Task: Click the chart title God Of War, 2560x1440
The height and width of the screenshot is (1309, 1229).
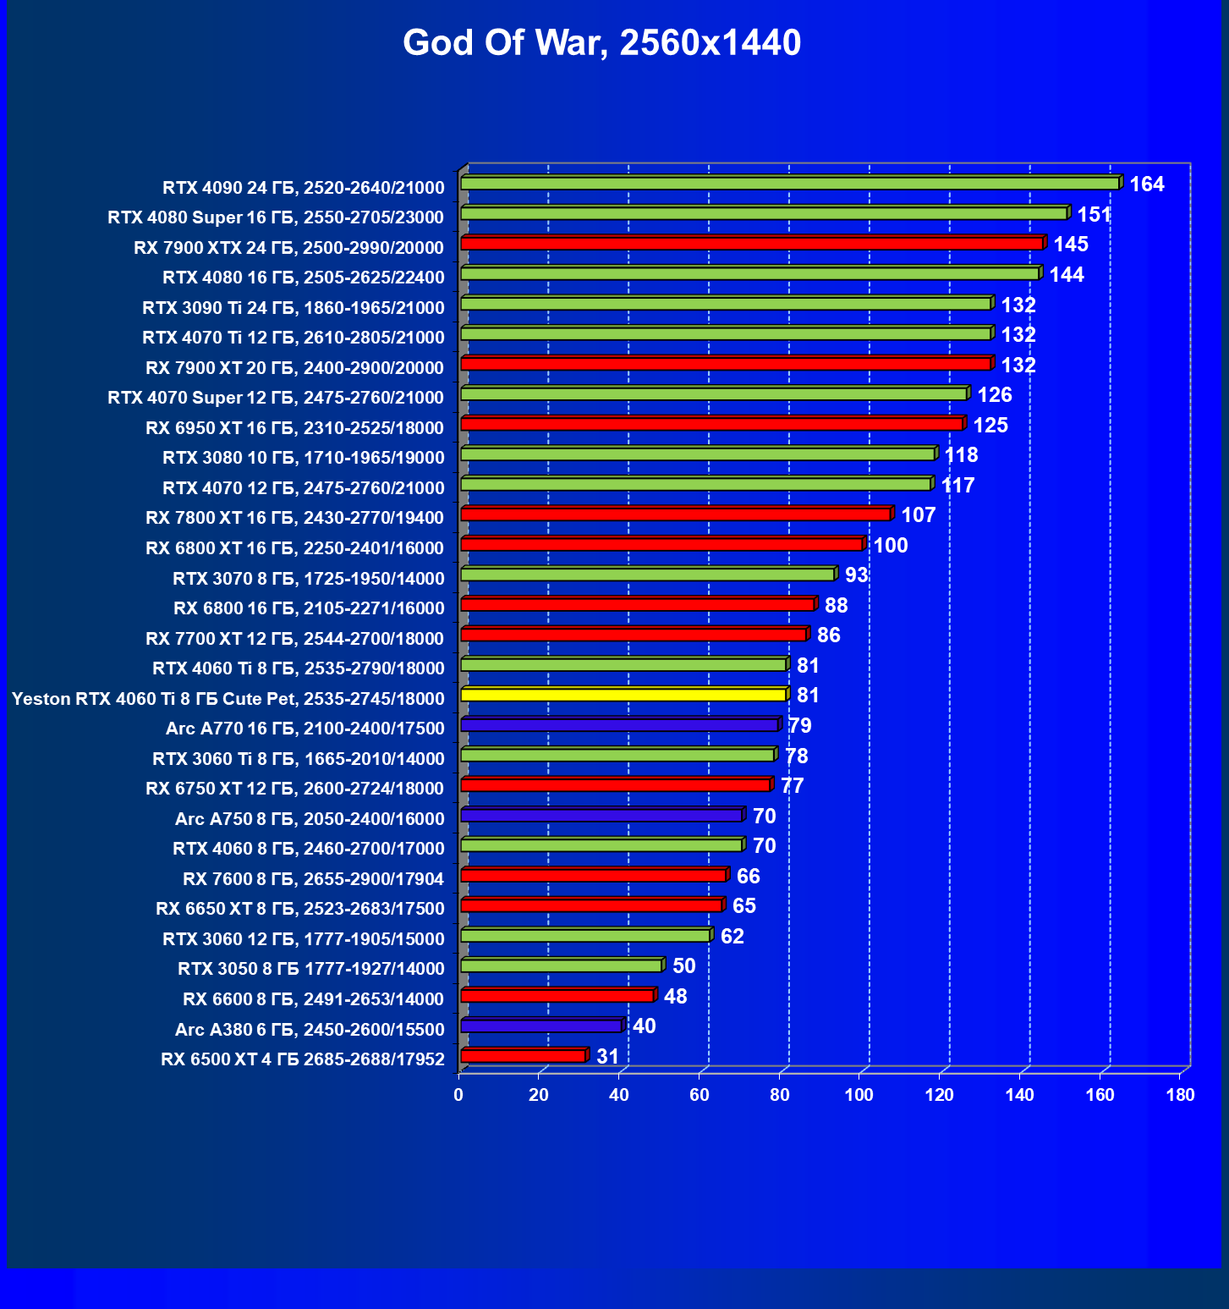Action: [x=601, y=43]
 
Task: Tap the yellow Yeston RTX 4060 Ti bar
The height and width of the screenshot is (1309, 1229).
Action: [x=623, y=695]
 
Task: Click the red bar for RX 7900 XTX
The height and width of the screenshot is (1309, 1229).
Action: [x=752, y=244]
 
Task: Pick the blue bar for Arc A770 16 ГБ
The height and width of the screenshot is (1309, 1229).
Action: [x=619, y=725]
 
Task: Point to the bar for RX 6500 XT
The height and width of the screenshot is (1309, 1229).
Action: [x=523, y=1056]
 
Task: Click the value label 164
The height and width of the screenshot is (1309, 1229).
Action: [x=1146, y=184]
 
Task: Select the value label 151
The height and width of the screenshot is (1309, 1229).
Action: [x=1094, y=215]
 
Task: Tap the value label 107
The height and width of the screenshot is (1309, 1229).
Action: [x=918, y=515]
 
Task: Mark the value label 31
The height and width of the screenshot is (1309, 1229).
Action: [x=607, y=1057]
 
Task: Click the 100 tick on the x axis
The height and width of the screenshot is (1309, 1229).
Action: [x=859, y=1095]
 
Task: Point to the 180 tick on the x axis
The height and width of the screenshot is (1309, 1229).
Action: [x=1180, y=1095]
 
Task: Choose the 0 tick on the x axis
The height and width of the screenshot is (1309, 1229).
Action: [x=458, y=1095]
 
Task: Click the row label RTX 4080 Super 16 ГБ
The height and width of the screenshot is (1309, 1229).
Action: [x=276, y=217]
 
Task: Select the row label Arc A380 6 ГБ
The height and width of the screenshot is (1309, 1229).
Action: [x=310, y=1030]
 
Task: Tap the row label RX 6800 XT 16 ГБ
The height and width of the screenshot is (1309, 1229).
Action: [x=294, y=548]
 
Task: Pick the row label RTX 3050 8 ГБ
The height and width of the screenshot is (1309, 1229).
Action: [x=310, y=969]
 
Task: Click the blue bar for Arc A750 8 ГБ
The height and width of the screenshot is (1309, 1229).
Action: [x=601, y=816]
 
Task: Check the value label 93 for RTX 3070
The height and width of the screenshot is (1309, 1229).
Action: [x=856, y=575]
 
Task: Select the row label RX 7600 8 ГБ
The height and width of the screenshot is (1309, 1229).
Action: [x=313, y=879]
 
